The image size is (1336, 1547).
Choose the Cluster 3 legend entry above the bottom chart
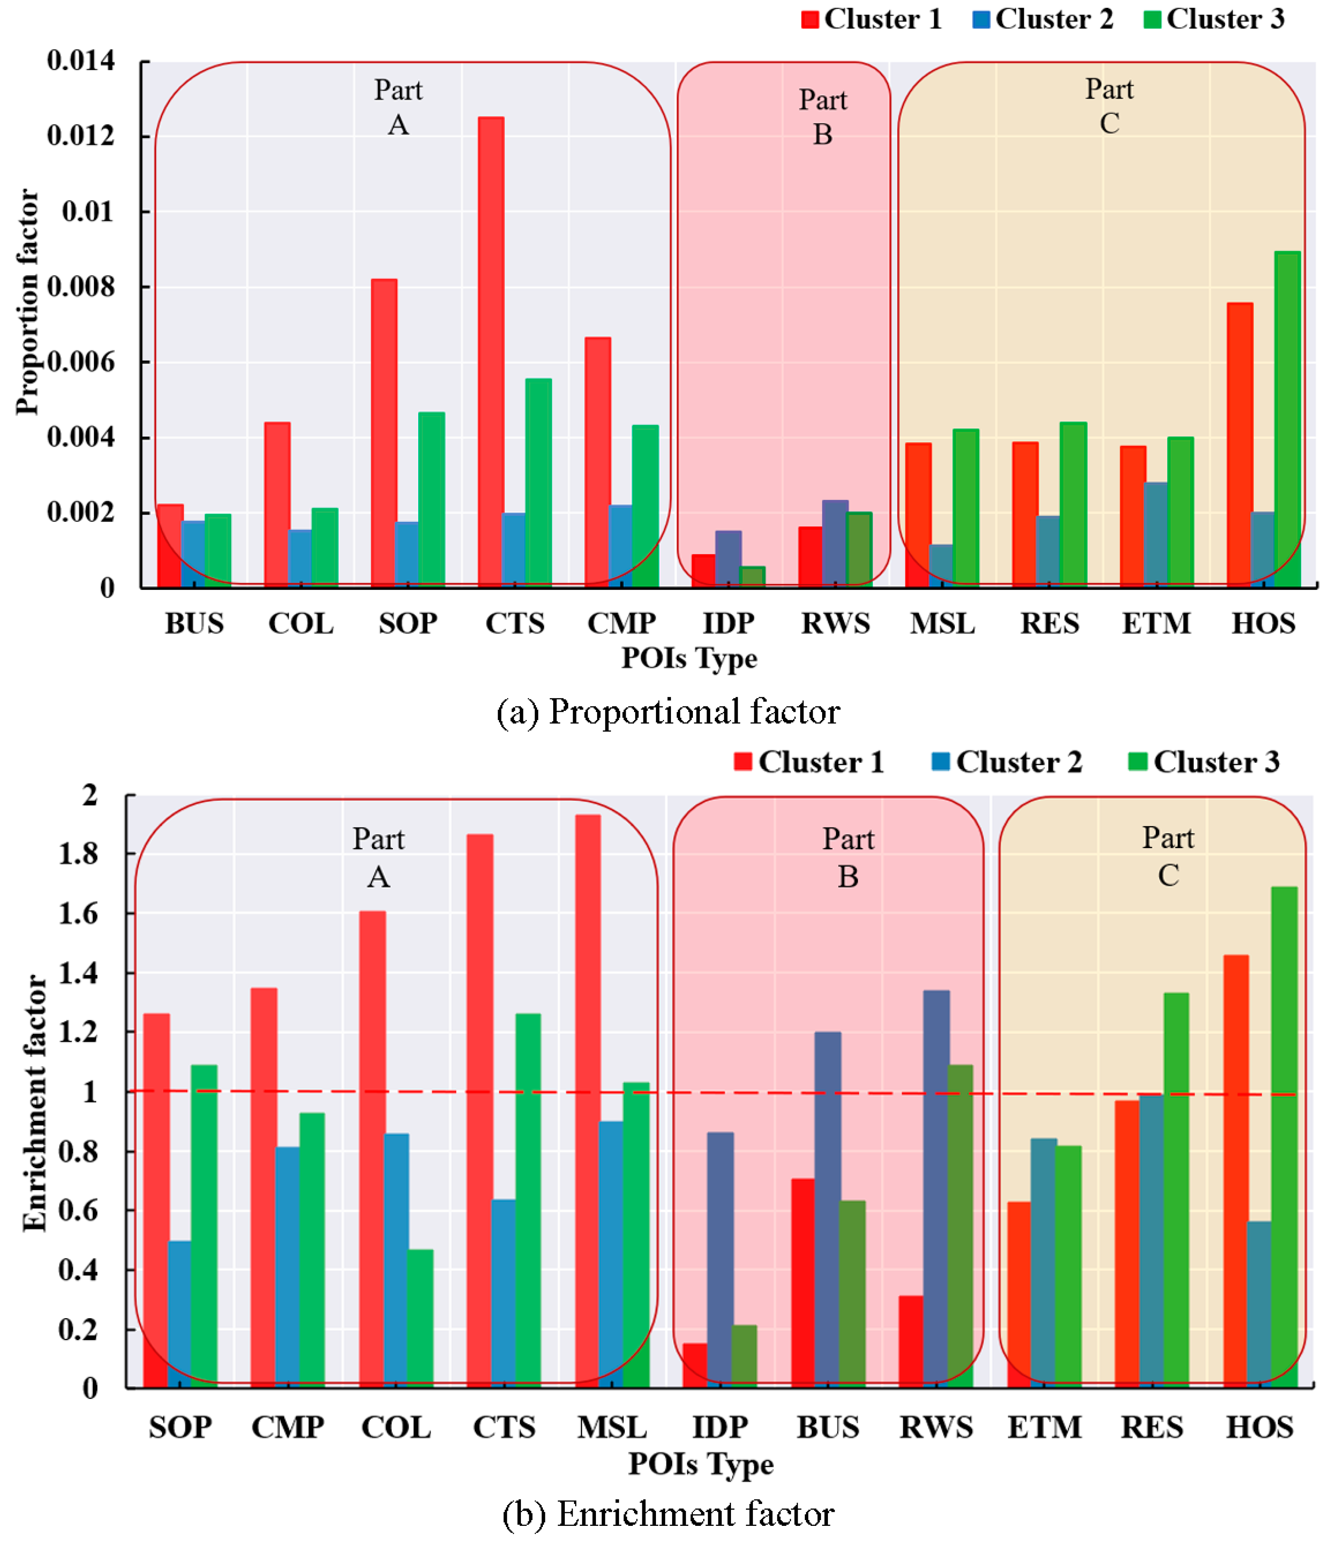tap(1204, 762)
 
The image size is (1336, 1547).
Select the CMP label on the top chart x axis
tap(621, 623)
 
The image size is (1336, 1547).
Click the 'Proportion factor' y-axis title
tap(28, 302)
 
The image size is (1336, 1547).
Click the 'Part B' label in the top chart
tap(823, 117)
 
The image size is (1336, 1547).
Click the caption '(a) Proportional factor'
tap(668, 712)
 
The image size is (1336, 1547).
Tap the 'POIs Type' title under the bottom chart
tap(701, 1465)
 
